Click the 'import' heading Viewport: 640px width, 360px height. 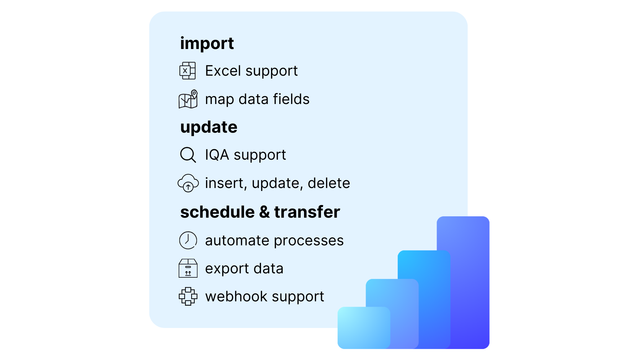tap(207, 44)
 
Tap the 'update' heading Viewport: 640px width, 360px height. tap(209, 127)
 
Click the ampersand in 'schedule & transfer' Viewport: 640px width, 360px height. tap(264, 212)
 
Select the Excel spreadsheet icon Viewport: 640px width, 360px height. tap(188, 71)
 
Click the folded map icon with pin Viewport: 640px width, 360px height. tap(188, 99)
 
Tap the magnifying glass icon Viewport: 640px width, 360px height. tap(188, 155)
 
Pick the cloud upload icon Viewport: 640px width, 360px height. tap(188, 183)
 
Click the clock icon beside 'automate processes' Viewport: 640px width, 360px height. tap(188, 240)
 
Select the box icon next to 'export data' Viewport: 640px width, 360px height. tap(188, 268)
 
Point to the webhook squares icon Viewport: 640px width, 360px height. tap(188, 296)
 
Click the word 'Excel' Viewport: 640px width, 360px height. tap(223, 71)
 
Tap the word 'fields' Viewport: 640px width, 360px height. tap(291, 99)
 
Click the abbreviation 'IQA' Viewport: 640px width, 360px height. tap(217, 155)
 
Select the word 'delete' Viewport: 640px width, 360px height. tap(329, 183)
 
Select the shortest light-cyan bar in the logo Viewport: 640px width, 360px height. tap(363, 328)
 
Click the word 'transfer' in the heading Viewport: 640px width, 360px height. tap(307, 212)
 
